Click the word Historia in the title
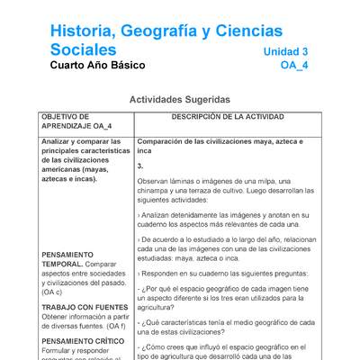tap(85, 31)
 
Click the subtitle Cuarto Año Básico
tap(97, 66)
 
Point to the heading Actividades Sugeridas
tap(180, 99)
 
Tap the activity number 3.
tap(140, 166)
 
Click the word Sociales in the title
tap(83, 49)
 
